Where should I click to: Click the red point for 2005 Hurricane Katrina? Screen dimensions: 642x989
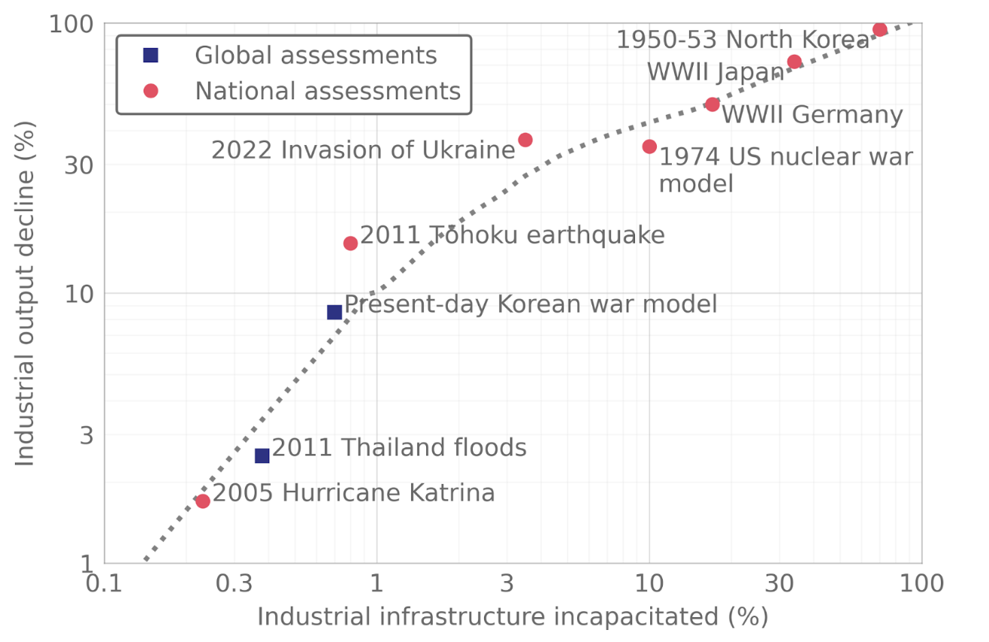202,501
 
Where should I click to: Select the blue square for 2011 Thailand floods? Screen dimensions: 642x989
262,456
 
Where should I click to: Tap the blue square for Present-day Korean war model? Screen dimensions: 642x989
334,312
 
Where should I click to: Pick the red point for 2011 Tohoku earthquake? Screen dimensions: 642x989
350,243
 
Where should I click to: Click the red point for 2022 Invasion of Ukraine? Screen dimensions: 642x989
525,140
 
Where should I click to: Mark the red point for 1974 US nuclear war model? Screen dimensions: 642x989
649,147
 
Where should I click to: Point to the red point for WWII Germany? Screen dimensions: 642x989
712,104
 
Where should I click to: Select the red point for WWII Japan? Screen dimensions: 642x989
794,62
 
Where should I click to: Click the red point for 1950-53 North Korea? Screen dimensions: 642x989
879,30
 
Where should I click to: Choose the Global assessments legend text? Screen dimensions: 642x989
316,55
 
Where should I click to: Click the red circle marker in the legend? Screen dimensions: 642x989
150,91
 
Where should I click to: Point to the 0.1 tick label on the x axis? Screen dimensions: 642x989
104,583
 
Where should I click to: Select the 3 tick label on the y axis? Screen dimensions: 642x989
85,435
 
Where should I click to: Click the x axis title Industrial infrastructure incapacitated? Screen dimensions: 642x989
513,616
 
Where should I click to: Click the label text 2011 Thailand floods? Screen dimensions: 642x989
399,448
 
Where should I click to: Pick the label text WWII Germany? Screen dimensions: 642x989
812,115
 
